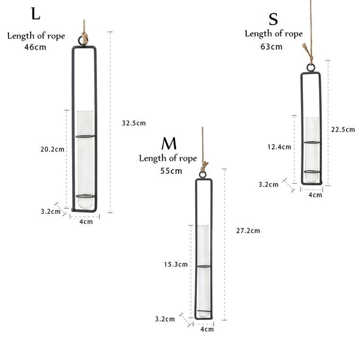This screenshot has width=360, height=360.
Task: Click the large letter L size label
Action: (36, 14)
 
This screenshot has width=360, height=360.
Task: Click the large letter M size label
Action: (169, 143)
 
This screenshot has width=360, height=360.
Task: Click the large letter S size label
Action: (273, 20)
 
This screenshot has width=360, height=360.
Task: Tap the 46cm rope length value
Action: (35, 47)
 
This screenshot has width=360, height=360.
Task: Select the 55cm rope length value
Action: (171, 171)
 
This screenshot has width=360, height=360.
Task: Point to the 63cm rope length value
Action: (271, 47)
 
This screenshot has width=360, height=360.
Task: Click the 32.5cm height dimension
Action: (133, 123)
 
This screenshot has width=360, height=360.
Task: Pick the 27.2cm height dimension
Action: (248, 231)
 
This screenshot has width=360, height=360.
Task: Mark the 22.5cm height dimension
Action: (343, 129)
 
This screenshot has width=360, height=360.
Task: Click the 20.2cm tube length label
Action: (52, 149)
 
